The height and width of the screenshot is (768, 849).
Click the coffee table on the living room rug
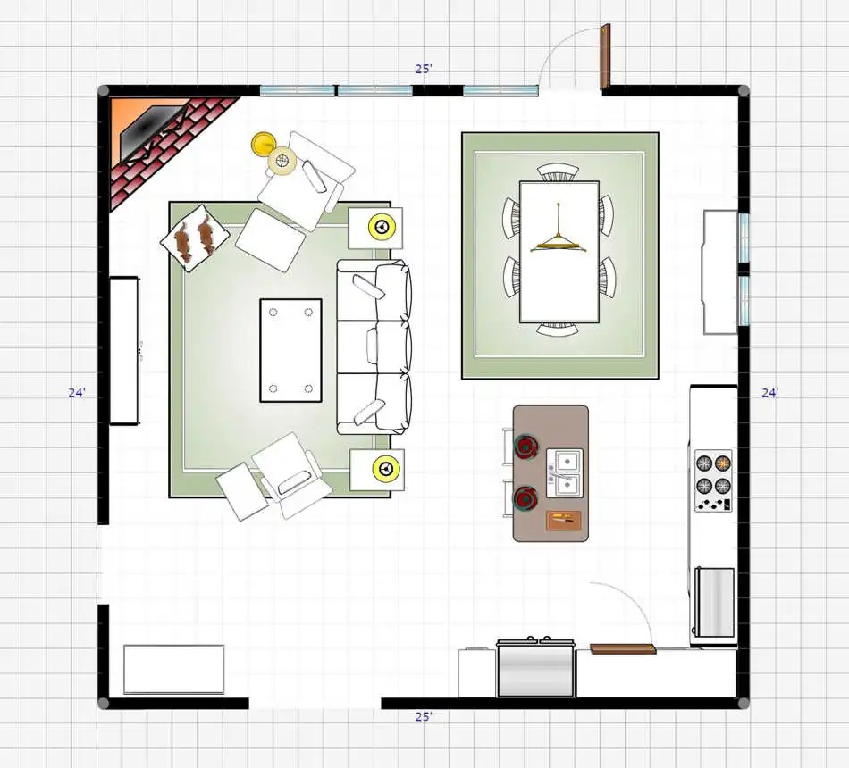pos(290,350)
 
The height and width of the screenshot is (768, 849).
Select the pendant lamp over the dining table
pos(559,238)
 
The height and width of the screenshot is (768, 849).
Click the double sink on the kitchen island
pos(565,472)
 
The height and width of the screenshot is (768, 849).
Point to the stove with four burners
pos(713,480)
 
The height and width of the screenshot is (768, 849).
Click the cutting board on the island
pos(564,520)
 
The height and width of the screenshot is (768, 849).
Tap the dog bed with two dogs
pos(195,238)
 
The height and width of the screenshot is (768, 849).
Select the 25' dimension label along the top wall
pos(424,69)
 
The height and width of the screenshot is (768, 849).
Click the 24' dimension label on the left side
pos(77,393)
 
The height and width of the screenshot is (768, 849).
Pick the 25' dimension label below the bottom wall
pos(424,716)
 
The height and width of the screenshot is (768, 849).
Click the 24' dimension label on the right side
pos(770,393)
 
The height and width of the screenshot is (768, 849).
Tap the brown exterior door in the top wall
pos(606,55)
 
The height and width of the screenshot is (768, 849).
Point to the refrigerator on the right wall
pos(714,602)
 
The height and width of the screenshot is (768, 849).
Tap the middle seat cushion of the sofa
pos(390,346)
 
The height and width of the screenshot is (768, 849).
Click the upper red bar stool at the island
pos(525,447)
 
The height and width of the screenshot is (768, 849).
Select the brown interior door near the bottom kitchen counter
pos(623,648)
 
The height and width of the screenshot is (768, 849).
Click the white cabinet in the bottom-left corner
pos(173,669)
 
